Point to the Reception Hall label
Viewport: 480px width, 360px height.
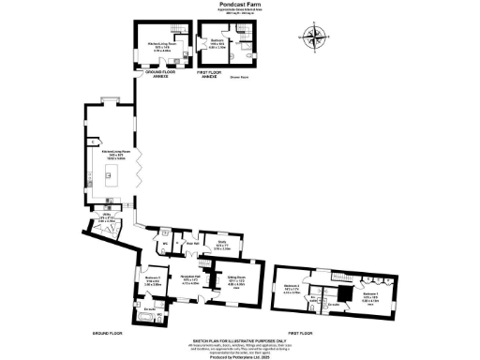[x=193, y=278]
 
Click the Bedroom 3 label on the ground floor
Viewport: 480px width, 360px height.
[x=154, y=277]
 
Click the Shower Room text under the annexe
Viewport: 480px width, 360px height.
[x=247, y=78]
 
